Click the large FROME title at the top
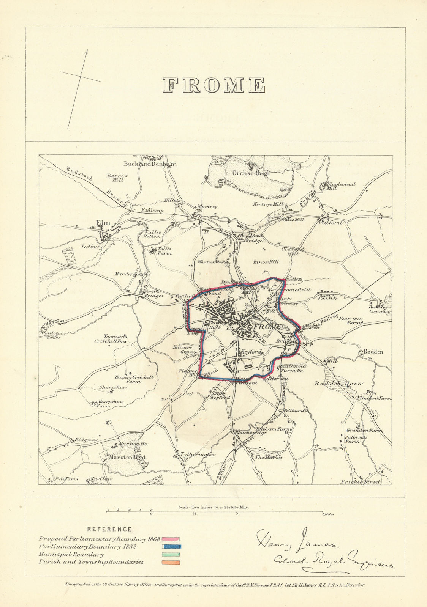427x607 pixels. pyautogui.click(x=214, y=85)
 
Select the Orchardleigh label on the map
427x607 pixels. pyautogui.click(x=251, y=173)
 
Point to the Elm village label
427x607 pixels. pyautogui.click(x=103, y=223)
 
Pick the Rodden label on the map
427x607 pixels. pyautogui.click(x=373, y=352)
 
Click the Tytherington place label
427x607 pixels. pyautogui.click(x=198, y=454)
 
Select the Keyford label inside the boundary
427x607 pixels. pyautogui.click(x=251, y=352)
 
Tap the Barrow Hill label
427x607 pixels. pyautogui.click(x=117, y=178)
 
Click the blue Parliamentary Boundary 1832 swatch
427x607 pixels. pyautogui.click(x=172, y=547)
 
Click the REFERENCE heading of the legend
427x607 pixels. pyautogui.click(x=109, y=529)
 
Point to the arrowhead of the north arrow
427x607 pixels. pyautogui.click(x=87, y=51)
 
